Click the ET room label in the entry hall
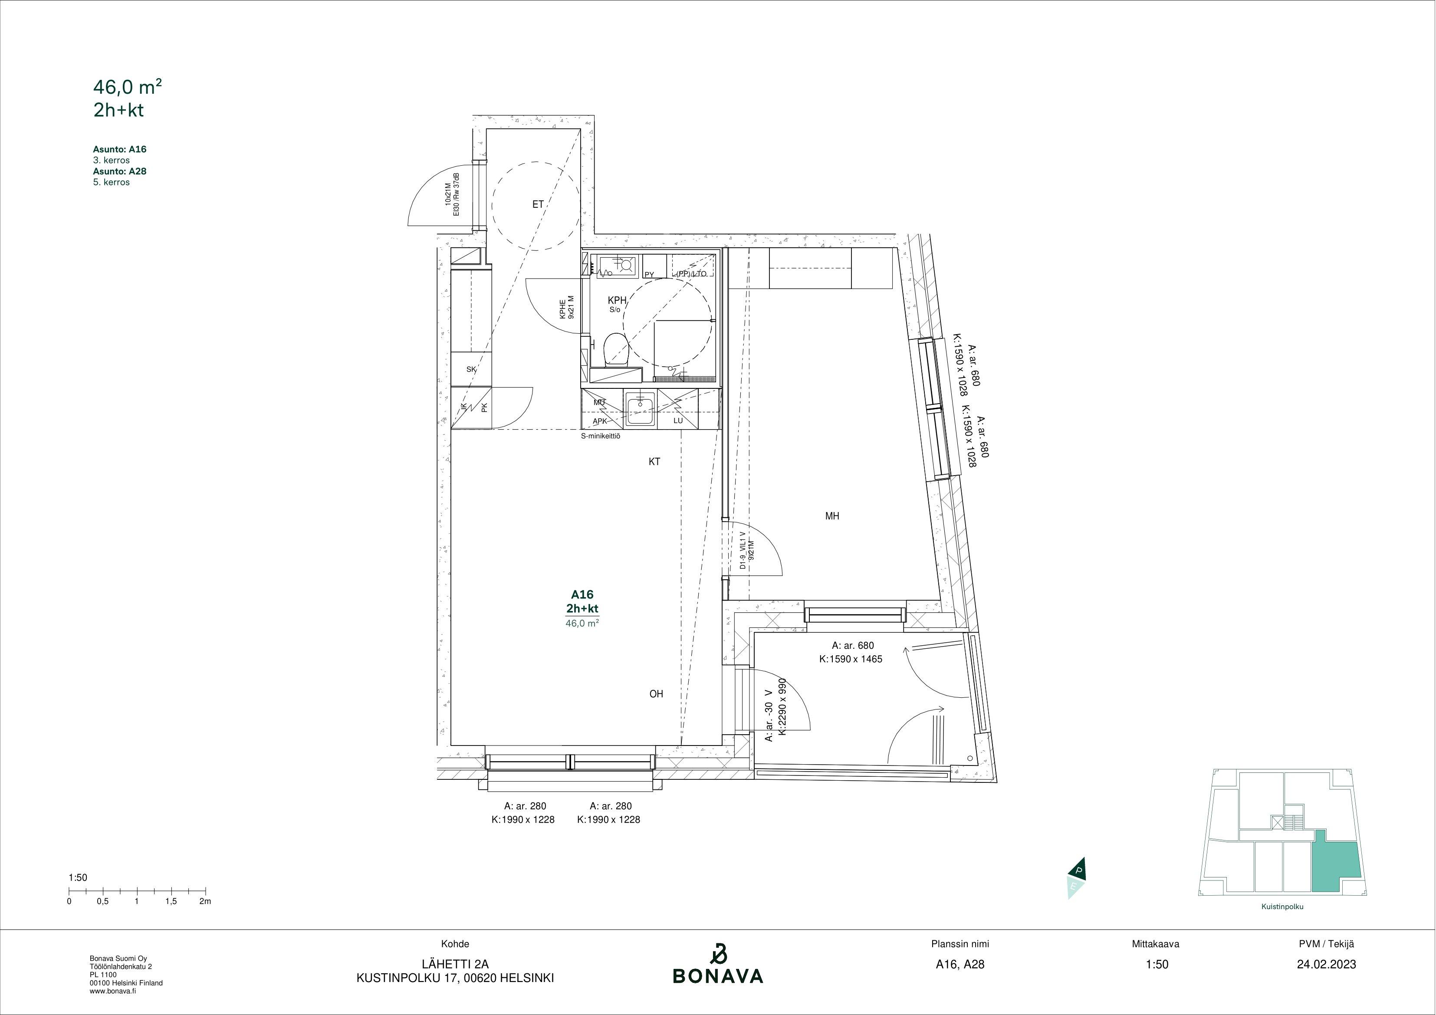(x=538, y=204)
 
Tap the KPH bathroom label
(x=617, y=301)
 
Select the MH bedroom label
(x=832, y=516)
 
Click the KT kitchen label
(x=654, y=462)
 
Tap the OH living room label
(x=656, y=693)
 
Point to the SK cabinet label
(x=471, y=370)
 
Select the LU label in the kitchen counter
(x=678, y=421)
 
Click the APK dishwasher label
(x=600, y=421)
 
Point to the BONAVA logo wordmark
(x=718, y=976)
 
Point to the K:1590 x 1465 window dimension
(x=851, y=659)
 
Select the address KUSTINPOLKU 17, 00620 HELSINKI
(x=455, y=978)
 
